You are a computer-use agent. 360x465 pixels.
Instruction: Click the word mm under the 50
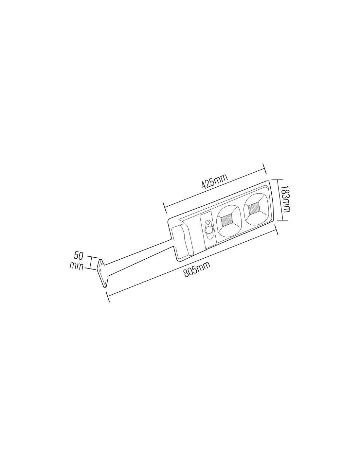77,267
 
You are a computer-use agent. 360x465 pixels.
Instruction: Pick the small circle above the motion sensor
207,224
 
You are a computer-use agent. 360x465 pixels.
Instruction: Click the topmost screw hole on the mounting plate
101,264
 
